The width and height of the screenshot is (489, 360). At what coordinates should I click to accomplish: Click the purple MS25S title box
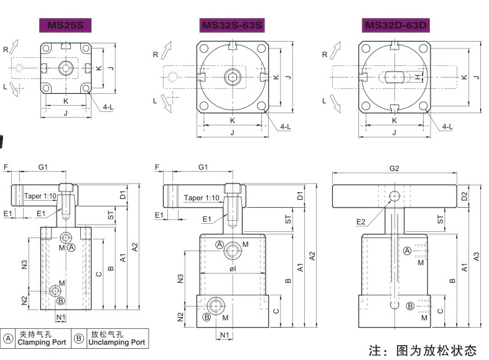(65, 25)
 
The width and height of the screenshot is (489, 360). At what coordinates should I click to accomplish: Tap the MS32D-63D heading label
(396, 25)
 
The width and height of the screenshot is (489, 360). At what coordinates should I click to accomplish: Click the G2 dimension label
(394, 168)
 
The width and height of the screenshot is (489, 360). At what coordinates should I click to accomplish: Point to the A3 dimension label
(476, 255)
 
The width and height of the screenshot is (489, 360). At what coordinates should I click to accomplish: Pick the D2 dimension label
(465, 196)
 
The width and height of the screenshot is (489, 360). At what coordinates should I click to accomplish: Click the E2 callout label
(361, 221)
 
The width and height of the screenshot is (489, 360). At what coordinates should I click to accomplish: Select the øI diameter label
(232, 269)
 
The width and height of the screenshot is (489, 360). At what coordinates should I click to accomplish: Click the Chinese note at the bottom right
(422, 349)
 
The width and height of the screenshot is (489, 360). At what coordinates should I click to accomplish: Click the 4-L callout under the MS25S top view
(108, 107)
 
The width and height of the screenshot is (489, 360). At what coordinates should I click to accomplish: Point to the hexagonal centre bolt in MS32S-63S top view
(232, 76)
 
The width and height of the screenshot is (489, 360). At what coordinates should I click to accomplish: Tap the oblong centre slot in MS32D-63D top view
(394, 76)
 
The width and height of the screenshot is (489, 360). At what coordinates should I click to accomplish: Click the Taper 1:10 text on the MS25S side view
(40, 196)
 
